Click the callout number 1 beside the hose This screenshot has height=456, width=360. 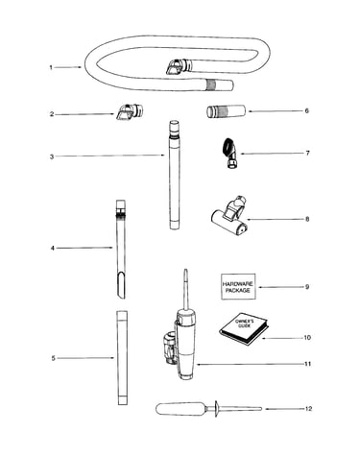(x=51, y=67)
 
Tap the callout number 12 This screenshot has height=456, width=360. (x=308, y=409)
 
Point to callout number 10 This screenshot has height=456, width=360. (x=307, y=338)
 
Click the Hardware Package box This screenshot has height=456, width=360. (x=238, y=287)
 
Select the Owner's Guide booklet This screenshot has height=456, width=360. (x=244, y=328)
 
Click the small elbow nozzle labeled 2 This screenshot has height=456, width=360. (x=129, y=112)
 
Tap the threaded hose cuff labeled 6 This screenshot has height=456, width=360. (x=226, y=111)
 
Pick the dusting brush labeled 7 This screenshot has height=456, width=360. (x=231, y=153)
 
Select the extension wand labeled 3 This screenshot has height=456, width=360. (x=175, y=175)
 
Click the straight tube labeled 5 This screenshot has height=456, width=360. (x=122, y=358)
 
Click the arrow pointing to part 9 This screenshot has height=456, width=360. (x=280, y=287)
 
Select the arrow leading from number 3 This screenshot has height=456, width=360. (x=110, y=156)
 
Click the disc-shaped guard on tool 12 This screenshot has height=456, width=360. (x=216, y=409)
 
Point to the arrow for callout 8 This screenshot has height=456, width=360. (x=275, y=220)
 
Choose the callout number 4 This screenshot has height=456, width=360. (x=53, y=248)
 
